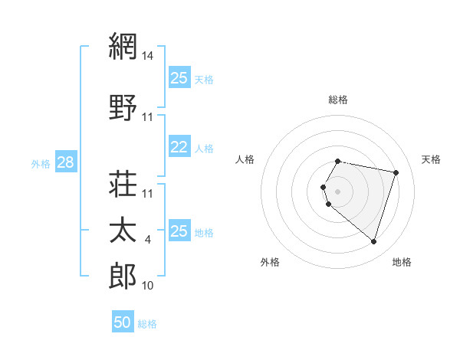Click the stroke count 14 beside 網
148,56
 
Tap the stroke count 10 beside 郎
148,286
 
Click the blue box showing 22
179,148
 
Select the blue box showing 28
65,163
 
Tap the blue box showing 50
123,322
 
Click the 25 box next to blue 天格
179,78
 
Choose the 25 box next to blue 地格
179,231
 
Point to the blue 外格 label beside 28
41,164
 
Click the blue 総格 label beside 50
147,324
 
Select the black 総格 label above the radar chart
338,100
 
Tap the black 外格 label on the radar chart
270,262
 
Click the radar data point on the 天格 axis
396,172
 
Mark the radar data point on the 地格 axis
373,242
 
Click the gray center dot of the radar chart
338,191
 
